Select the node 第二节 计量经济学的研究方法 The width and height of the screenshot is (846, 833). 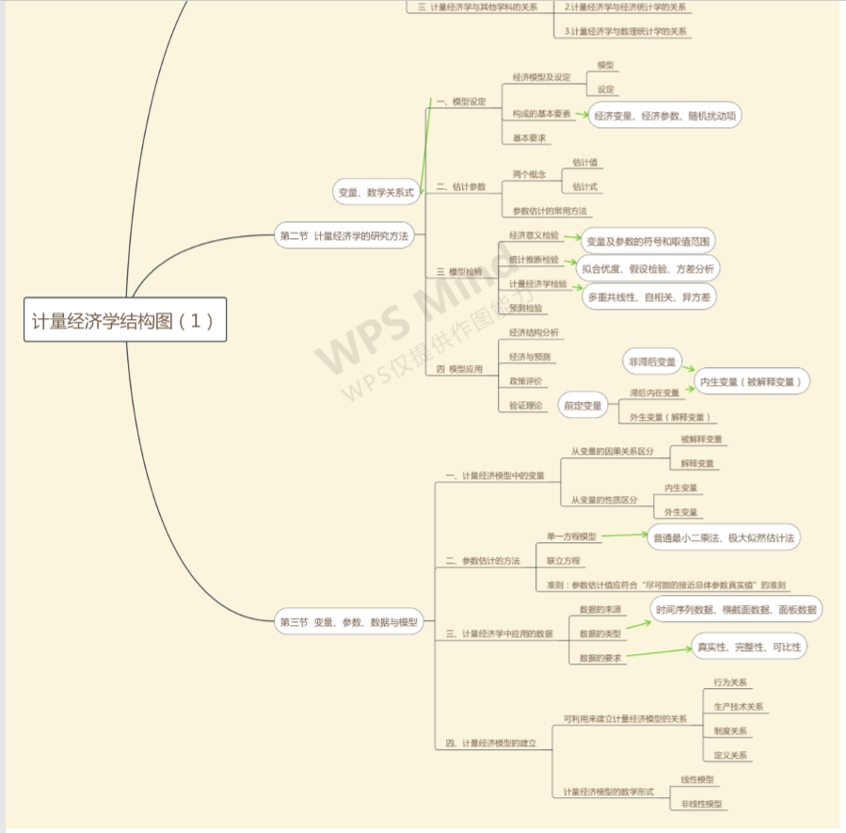pyautogui.click(x=343, y=235)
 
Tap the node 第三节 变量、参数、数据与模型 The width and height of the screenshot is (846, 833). pyautogui.click(x=347, y=622)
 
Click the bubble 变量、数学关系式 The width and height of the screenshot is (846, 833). pyautogui.click(x=375, y=192)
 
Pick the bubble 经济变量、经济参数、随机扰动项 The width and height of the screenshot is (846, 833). pyautogui.click(x=664, y=116)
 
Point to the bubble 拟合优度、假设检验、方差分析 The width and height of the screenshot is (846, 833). pyautogui.click(x=648, y=268)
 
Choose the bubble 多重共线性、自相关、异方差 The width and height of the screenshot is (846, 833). pyautogui.click(x=648, y=297)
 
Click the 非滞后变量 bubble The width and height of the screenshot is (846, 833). pyautogui.click(x=652, y=361)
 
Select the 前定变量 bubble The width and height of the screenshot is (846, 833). pyautogui.click(x=583, y=406)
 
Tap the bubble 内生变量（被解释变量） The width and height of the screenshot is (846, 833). pyautogui.click(x=752, y=381)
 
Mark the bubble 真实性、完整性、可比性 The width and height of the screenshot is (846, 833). pyautogui.click(x=749, y=647)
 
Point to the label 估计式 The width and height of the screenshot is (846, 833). pyautogui.click(x=584, y=186)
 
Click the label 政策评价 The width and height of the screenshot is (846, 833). pyautogui.click(x=525, y=381)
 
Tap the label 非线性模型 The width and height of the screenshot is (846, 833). pyautogui.click(x=701, y=804)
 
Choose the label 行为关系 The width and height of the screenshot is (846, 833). pyautogui.click(x=730, y=682)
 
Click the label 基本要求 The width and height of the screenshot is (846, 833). pyautogui.click(x=529, y=137)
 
